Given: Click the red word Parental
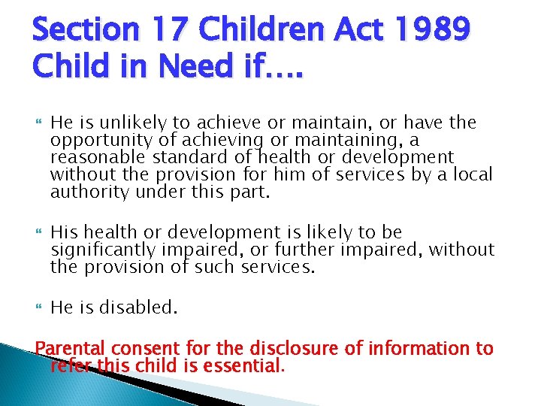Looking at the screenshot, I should click(73, 348).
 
